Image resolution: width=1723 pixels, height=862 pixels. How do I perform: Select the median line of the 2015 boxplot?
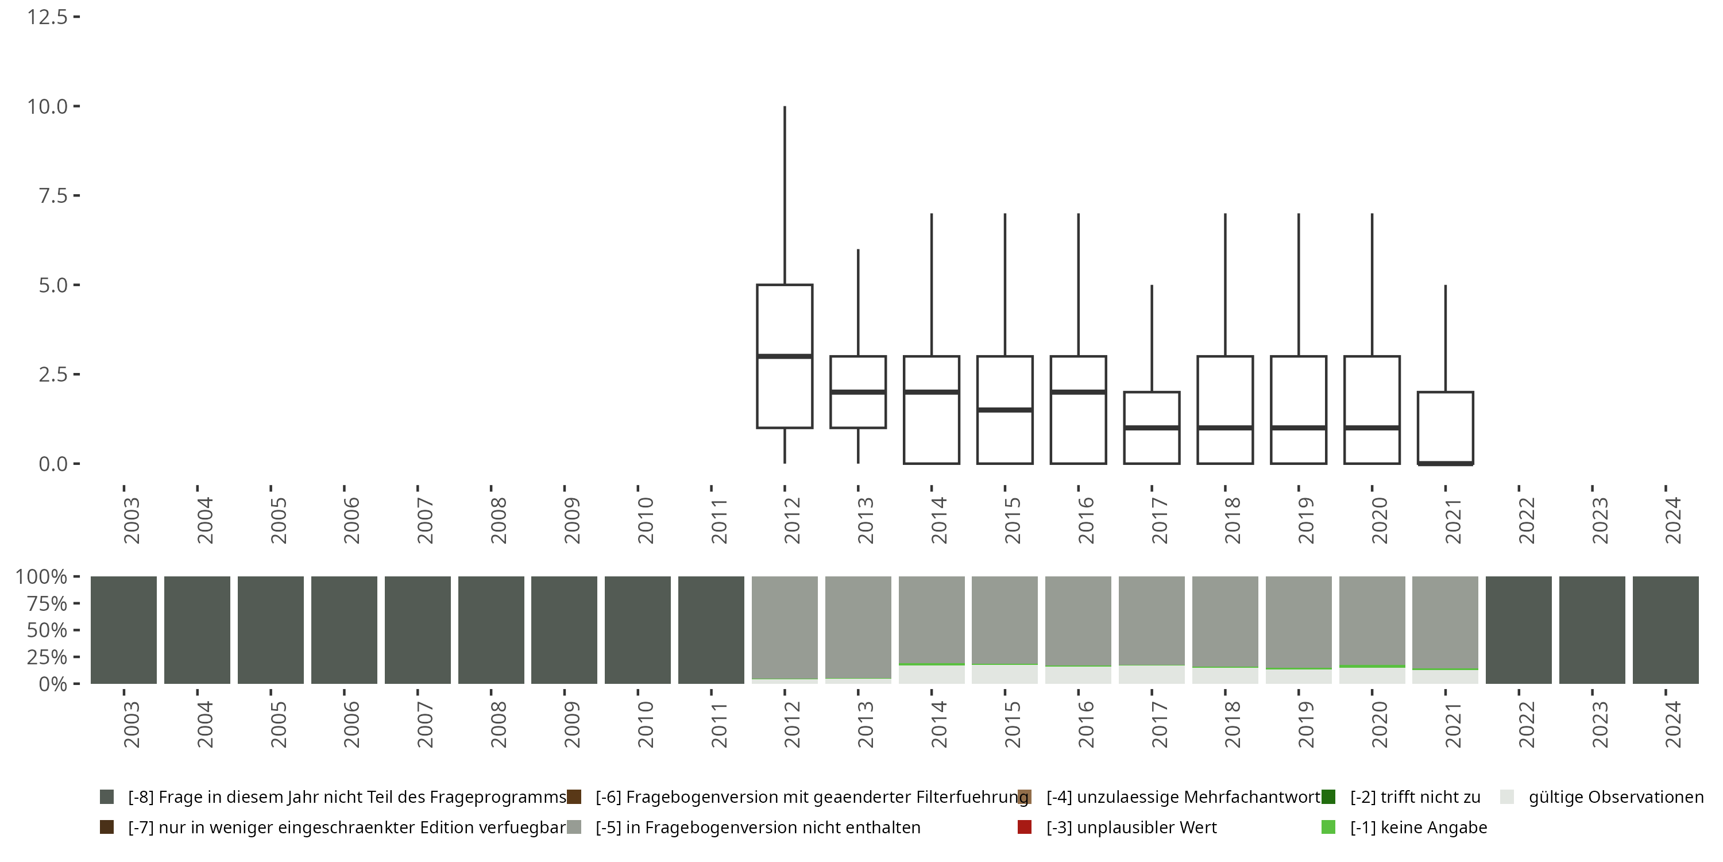[1005, 410]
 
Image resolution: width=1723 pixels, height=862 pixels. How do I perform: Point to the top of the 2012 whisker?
[785, 107]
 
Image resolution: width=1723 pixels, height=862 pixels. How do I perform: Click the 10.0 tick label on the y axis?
[47, 106]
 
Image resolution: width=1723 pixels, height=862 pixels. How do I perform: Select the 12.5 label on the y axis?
[47, 17]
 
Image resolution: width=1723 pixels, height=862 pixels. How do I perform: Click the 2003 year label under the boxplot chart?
[132, 521]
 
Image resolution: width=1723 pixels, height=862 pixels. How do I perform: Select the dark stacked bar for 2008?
[491, 630]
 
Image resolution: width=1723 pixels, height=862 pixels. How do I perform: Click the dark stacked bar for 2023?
[1592, 630]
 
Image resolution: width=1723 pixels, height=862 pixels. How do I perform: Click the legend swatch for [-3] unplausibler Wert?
[1024, 827]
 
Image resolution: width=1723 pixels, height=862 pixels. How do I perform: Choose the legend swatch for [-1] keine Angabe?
[1328, 827]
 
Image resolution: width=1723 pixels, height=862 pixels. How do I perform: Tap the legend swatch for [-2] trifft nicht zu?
[1328, 797]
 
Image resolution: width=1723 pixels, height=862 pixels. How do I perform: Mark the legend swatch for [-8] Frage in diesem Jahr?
[106, 797]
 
